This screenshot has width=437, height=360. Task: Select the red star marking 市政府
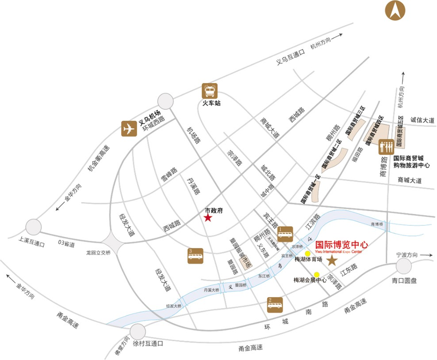[x=208, y=218]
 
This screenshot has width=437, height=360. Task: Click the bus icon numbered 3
[x=197, y=256]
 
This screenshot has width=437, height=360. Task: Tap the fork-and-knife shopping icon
[x=386, y=147]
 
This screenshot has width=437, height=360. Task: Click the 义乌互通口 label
[x=290, y=54]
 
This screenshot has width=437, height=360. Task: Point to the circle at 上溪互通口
[x=34, y=227]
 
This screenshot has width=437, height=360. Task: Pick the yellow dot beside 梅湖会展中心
[x=317, y=274]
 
